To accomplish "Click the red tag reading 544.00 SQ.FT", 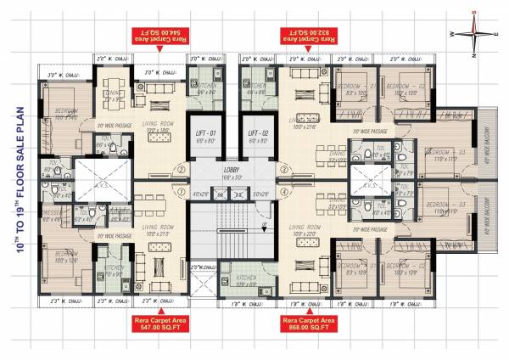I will pos(158,37).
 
